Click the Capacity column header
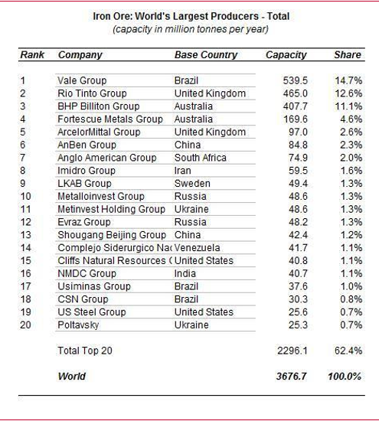pyautogui.click(x=286, y=55)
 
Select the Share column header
pyautogui.click(x=348, y=55)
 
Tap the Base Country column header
pyautogui.click(x=206, y=55)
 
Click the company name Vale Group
pyautogui.click(x=82, y=80)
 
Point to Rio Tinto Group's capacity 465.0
pyautogui.click(x=296, y=93)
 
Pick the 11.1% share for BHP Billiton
pyautogui.click(x=348, y=106)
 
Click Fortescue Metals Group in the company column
pyautogui.click(x=110, y=119)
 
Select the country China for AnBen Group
pyautogui.click(x=188, y=145)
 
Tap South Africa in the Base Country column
pyautogui.click(x=201, y=158)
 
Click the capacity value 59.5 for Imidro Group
pyautogui.click(x=298, y=171)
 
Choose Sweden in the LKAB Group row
pyautogui.click(x=192, y=184)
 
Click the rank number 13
pyautogui.click(x=26, y=235)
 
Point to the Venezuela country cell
pyautogui.click(x=197, y=248)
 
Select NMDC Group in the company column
pyautogui.click(x=87, y=273)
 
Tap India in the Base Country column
pyautogui.click(x=185, y=273)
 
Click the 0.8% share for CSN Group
pyautogui.click(x=351, y=299)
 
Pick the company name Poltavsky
pyautogui.click(x=78, y=325)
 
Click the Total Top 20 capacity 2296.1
pyautogui.click(x=292, y=351)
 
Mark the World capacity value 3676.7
pyautogui.click(x=292, y=377)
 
